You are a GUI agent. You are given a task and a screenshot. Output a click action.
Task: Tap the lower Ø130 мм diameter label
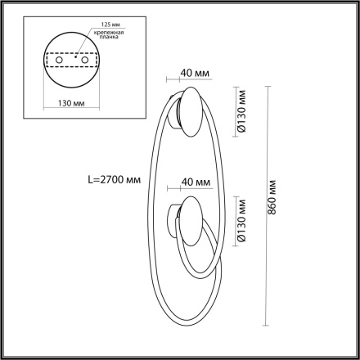pyautogui.click(x=242, y=223)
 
